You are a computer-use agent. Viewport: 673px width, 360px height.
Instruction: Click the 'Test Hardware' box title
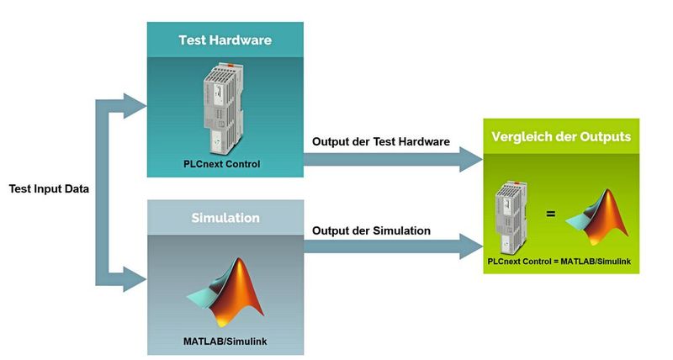click(x=225, y=40)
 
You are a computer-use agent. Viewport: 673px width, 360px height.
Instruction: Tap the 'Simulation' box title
click(x=225, y=218)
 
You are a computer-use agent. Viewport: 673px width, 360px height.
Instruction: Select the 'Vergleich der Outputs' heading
click(x=561, y=137)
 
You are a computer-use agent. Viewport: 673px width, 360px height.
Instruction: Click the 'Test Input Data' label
click(x=49, y=188)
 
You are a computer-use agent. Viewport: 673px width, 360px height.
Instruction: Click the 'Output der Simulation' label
click(x=371, y=230)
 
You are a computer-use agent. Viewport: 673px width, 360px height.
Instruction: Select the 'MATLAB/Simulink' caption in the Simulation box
click(x=225, y=341)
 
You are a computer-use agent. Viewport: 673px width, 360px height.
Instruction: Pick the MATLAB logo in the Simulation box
click(x=225, y=290)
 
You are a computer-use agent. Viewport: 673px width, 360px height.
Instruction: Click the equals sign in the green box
click(x=551, y=214)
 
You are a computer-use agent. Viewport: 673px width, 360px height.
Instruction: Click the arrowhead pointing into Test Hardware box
click(x=135, y=106)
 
